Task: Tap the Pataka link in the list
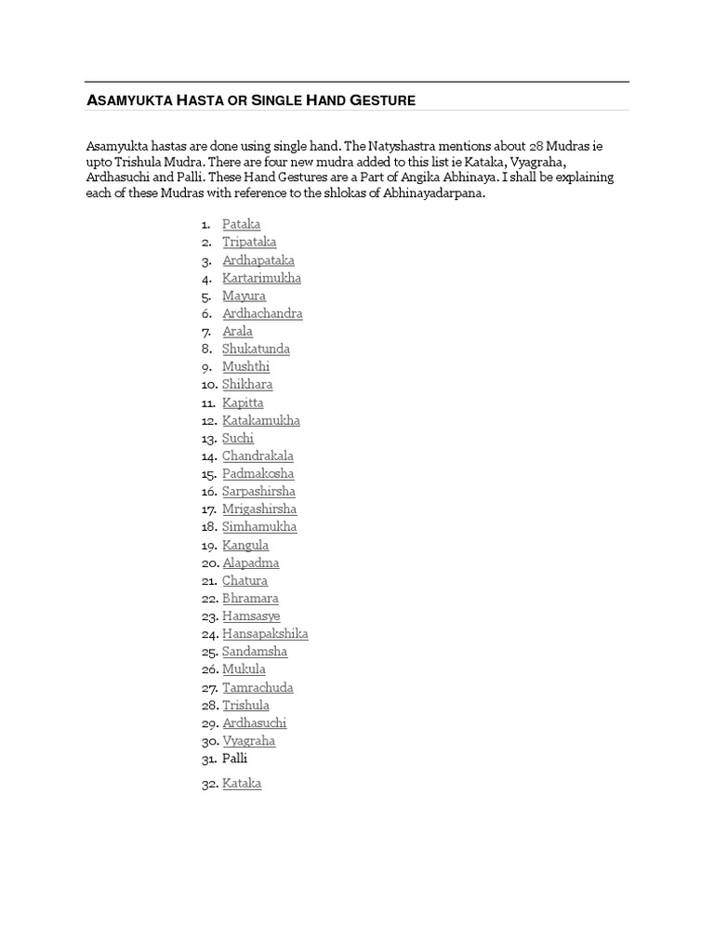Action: coord(241,224)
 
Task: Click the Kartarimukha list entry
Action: coord(261,278)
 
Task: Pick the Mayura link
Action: coord(244,296)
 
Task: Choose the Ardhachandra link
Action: coord(262,313)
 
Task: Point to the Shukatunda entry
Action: coord(256,349)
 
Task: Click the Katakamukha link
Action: coord(261,420)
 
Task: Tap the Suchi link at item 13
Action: coord(237,438)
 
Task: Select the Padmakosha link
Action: coord(258,473)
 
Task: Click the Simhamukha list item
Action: coord(259,526)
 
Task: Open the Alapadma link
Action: coord(250,562)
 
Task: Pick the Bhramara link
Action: coord(250,598)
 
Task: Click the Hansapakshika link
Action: coord(265,633)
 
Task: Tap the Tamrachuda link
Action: coord(258,687)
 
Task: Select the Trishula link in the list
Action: coord(245,705)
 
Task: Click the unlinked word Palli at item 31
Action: coord(235,759)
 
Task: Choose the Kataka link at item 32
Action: coord(242,784)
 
